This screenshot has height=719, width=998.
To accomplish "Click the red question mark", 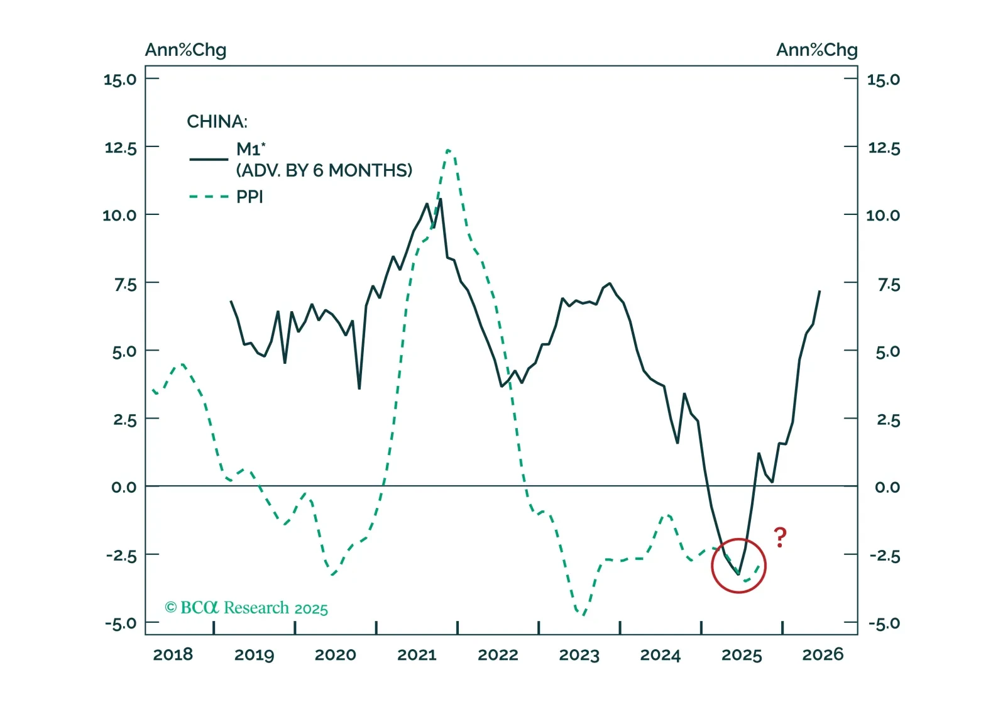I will tap(780, 537).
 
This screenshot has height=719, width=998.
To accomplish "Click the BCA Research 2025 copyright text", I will tap(246, 608).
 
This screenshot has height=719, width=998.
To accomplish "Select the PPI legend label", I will tap(249, 197).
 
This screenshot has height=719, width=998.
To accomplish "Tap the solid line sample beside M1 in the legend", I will tap(209, 159).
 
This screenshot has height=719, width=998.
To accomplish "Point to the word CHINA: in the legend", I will tap(217, 121).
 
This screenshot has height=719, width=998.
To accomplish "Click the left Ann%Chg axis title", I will tap(185, 50).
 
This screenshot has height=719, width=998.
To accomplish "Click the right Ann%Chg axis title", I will tap(816, 50).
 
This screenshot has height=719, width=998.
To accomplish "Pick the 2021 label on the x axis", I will tap(417, 655).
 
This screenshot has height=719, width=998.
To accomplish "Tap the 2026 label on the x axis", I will tap(823, 655).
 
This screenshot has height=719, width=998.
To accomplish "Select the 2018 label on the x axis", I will tap(173, 655).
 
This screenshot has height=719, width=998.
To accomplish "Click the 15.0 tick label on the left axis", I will tap(120, 79).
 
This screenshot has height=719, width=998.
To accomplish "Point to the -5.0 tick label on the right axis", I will tap(884, 623).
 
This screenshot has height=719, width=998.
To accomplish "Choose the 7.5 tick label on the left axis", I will tap(125, 284).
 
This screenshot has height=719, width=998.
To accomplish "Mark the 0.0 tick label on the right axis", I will tap(887, 487).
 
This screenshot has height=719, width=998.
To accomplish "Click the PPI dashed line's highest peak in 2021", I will tap(448, 150).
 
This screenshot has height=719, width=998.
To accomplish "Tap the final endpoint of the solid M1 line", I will tap(820, 291).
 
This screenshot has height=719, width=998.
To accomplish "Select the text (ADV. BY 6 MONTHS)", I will tap(324, 170).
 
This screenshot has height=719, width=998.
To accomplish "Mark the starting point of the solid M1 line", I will tap(231, 301).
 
